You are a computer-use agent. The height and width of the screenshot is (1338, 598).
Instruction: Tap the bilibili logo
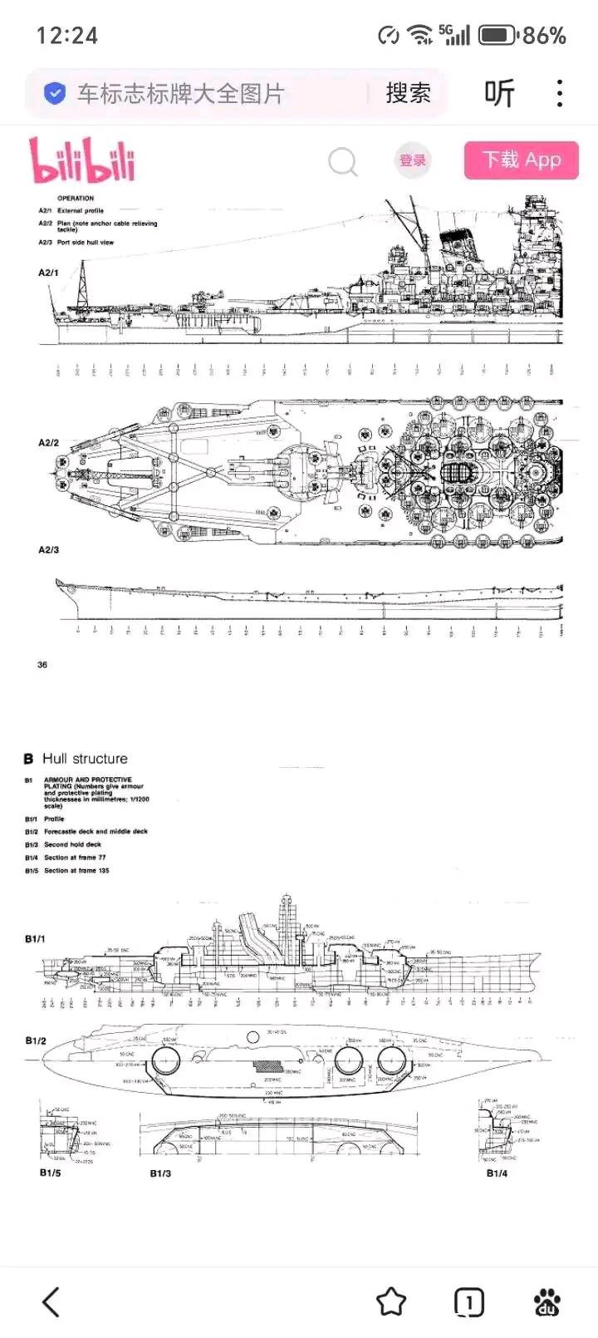(82, 160)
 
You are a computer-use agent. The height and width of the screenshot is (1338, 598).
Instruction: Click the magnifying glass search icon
(342, 161)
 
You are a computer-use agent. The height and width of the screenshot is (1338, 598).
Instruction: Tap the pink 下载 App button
(521, 160)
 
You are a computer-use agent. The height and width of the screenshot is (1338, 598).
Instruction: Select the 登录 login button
(413, 160)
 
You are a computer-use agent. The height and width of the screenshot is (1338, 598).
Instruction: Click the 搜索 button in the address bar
(408, 93)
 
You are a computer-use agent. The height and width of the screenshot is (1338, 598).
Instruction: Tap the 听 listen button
(499, 93)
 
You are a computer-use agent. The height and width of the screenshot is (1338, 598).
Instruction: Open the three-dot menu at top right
(561, 93)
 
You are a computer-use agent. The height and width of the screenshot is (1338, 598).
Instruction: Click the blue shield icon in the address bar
(54, 93)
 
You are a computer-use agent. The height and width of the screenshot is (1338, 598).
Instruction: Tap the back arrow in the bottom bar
(51, 1302)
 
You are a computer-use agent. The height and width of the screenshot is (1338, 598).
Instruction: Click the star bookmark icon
(391, 1302)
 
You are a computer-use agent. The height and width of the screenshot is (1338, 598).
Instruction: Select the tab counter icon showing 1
(468, 1302)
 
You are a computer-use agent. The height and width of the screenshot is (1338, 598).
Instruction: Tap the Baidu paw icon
(547, 1302)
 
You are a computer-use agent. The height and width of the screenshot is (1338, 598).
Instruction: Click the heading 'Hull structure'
(85, 759)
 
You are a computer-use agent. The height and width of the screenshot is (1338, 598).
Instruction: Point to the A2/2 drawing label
(48, 443)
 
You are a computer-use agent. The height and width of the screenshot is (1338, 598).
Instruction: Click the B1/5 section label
(50, 1173)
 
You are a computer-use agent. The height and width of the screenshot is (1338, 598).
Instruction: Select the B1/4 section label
(497, 1173)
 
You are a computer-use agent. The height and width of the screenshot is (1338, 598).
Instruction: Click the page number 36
(42, 665)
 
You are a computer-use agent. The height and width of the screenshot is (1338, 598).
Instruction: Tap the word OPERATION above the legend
(76, 199)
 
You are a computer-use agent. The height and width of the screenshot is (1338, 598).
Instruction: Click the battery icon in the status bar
(498, 35)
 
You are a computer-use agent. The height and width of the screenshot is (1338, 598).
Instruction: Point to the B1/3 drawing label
(160, 1173)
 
